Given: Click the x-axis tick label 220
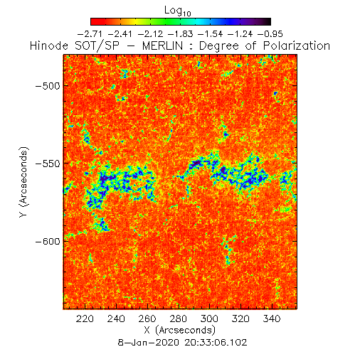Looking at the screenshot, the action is pos(85,318).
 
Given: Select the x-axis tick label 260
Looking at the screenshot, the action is pos(147,318).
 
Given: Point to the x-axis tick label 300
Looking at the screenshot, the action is pos(209,318).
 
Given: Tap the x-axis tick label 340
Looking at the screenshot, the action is pos(272,318).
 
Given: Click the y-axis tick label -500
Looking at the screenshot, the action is pos(48,86).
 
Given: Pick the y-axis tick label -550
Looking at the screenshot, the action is pos(48,164).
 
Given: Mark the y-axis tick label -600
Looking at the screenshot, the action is pos(48,242).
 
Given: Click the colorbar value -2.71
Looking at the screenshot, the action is pos(90,34).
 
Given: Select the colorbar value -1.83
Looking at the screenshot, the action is pos(180,34).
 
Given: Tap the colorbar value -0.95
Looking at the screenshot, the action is pos(270,34).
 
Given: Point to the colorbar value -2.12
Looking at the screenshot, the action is pos(150,34).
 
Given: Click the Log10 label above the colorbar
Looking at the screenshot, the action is pos(178,11).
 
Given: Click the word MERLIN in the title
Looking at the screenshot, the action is pos(163,45).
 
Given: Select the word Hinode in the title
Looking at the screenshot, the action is pos(49,45).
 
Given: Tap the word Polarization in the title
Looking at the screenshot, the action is pos(297,45).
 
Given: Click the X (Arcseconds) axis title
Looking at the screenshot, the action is pos(180,330).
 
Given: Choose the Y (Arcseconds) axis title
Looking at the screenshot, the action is pos(23,182).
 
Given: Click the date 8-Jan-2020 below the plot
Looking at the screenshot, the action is pos(148,343).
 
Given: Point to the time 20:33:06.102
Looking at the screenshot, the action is pos(216,343).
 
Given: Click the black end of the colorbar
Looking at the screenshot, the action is pos(268,21).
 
